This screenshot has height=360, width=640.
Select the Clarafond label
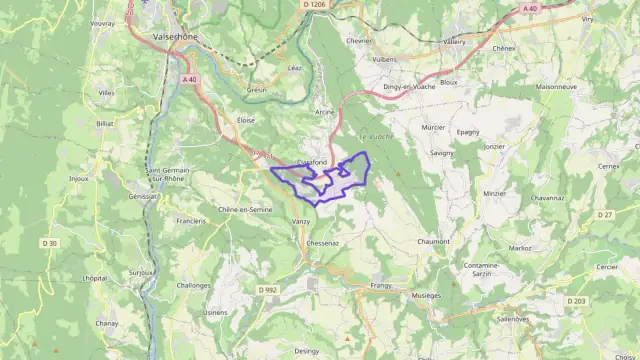click(312, 162)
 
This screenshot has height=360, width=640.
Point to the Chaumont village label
click(433, 241)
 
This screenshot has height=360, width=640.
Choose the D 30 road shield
click(50, 243)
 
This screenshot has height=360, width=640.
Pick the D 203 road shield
click(576, 301)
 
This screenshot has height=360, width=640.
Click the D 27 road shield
click(604, 215)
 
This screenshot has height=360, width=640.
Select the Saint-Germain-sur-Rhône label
click(169, 175)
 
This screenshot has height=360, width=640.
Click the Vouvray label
click(103, 22)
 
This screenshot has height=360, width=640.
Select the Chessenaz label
click(324, 242)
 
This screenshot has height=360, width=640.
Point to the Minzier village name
click(494, 192)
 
